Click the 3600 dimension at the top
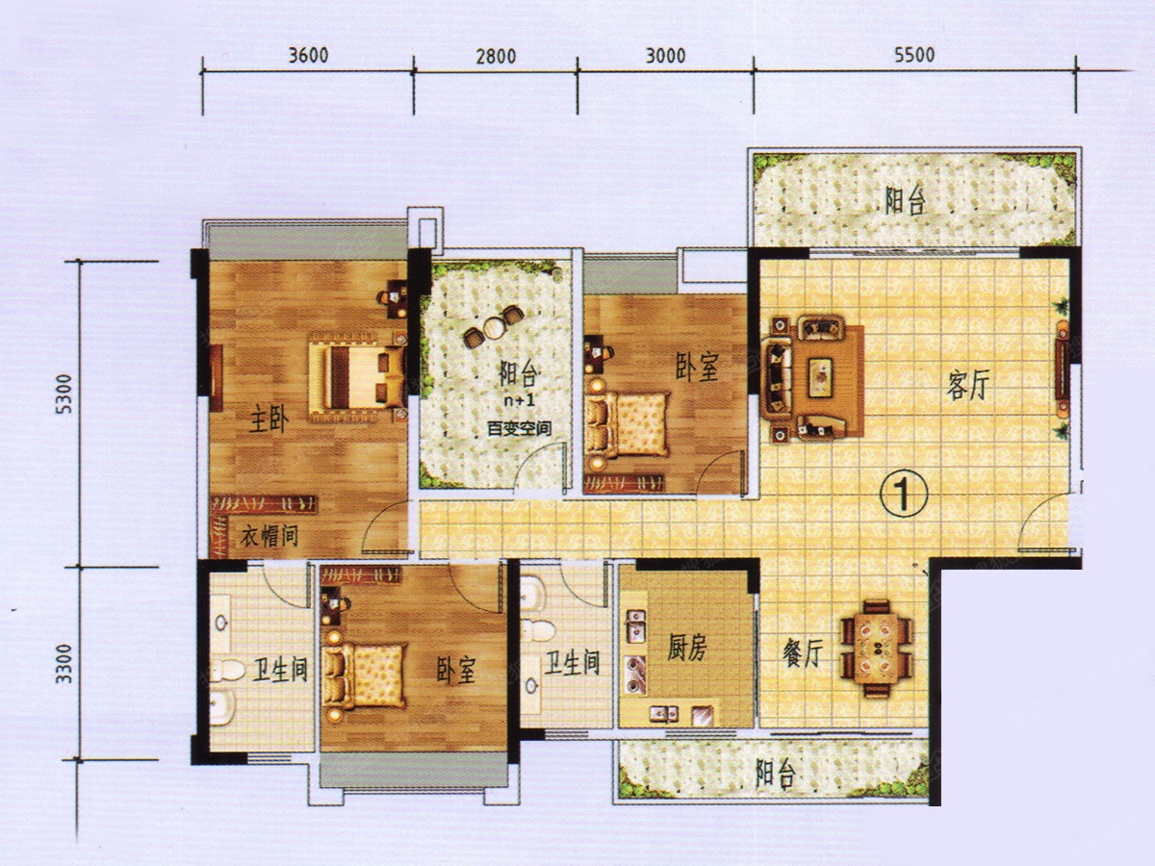point(308,55)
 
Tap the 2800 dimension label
point(496,56)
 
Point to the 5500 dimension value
point(914,55)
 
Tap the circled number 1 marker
point(903,494)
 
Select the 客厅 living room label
point(968,384)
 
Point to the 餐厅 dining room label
point(803,654)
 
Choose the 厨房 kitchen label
point(687,648)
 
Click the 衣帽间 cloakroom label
point(269,536)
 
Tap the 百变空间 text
point(519,429)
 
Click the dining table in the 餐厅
point(876,649)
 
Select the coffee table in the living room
point(820,376)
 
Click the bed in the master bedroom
point(358,376)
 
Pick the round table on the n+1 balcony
point(494,328)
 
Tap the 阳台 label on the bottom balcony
point(775,773)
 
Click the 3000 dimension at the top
point(665,55)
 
